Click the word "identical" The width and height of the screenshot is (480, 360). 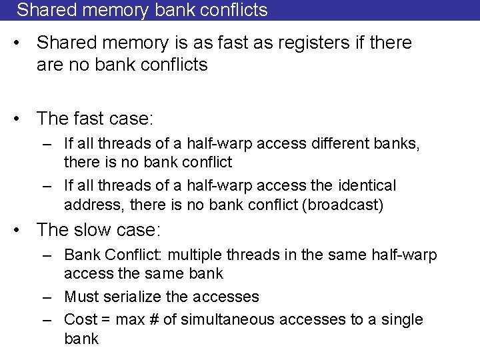[x=367, y=185]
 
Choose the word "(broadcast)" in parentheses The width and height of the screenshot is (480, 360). [x=343, y=204]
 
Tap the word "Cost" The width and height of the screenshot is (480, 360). [x=81, y=319]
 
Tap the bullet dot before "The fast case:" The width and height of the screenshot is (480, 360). [x=21, y=119]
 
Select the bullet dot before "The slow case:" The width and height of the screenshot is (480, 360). [x=21, y=231]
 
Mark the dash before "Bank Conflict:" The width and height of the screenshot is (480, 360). [x=47, y=255]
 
